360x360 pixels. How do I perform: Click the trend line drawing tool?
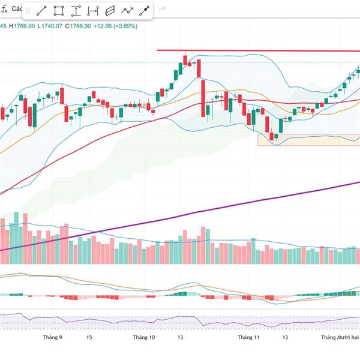click(x=42, y=11)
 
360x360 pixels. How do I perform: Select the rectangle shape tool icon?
click(x=59, y=11)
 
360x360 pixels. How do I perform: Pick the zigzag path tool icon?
click(x=127, y=11)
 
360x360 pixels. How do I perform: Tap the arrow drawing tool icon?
click(x=145, y=11)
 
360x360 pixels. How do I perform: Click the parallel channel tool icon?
click(x=110, y=11)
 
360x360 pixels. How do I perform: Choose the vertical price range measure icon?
click(x=76, y=11)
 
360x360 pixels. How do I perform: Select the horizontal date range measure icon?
click(x=93, y=11)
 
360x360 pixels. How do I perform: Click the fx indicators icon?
click(x=4, y=10)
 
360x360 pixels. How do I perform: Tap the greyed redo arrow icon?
click(x=163, y=10)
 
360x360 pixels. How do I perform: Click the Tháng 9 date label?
click(x=53, y=338)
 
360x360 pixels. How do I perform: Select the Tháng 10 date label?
click(x=144, y=338)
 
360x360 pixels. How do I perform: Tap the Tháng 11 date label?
click(x=248, y=338)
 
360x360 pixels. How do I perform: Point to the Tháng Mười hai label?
click(x=340, y=338)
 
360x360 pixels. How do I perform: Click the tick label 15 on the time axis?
click(x=89, y=338)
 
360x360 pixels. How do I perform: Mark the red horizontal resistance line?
click(x=258, y=51)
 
